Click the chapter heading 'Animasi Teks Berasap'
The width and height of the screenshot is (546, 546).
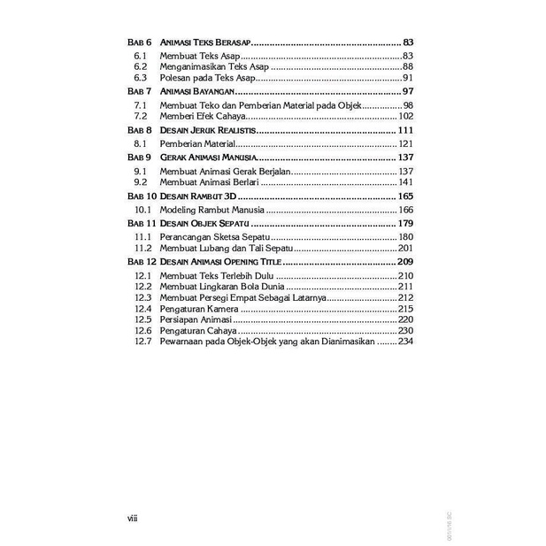click(205, 42)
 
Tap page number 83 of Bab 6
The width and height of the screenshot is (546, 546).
click(408, 42)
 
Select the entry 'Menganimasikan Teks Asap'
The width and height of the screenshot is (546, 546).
click(213, 67)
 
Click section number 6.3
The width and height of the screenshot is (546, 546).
click(139, 78)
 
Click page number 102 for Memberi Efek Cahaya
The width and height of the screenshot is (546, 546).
click(406, 116)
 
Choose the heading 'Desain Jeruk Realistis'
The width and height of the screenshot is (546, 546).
click(206, 130)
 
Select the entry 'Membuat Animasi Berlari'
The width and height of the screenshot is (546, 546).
click(210, 181)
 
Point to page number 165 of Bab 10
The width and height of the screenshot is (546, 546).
click(406, 196)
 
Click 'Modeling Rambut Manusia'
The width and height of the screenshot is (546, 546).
click(211, 210)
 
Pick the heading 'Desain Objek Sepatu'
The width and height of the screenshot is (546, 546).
click(204, 224)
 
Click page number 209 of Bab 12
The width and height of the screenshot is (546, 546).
click(406, 263)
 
